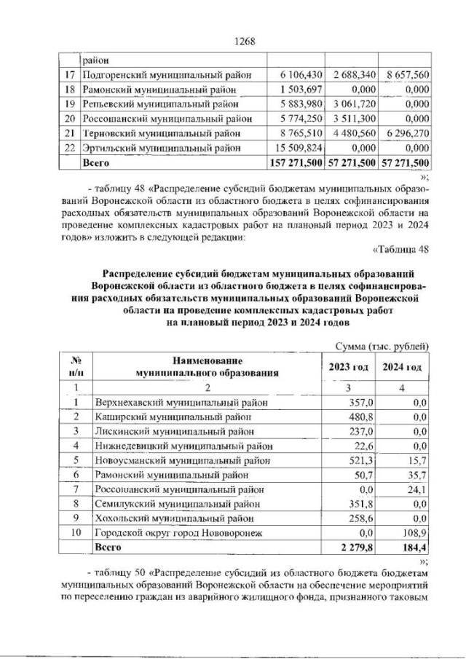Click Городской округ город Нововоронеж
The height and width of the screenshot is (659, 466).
pos(178,533)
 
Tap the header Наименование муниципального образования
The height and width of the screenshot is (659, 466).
pos(208,366)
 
